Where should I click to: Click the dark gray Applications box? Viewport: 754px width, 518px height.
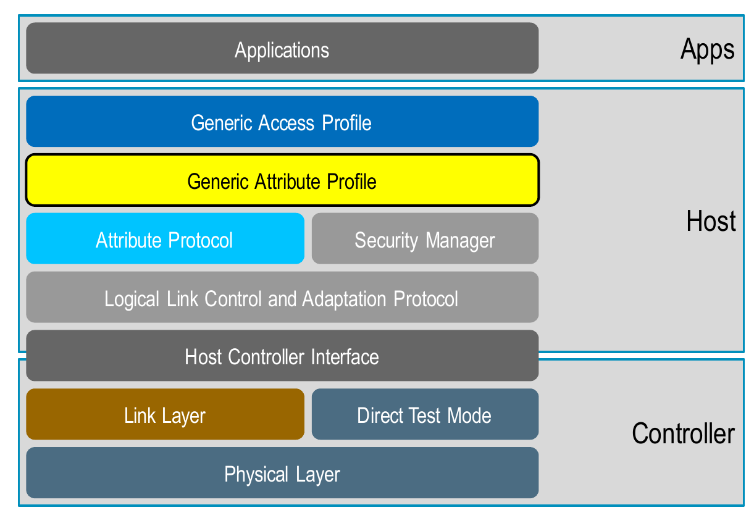[282, 48]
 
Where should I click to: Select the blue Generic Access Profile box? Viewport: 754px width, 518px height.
[282, 121]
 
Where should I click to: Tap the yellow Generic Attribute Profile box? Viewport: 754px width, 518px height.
[282, 180]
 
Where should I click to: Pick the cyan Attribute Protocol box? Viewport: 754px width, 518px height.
[165, 238]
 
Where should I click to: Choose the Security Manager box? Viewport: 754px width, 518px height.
[425, 238]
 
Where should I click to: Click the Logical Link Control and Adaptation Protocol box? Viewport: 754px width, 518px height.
[282, 297]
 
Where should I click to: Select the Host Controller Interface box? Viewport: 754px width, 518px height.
[282, 356]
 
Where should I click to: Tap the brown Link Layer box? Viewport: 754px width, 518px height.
[165, 414]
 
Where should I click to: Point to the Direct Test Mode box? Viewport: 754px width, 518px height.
[425, 414]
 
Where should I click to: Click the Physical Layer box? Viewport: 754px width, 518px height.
[282, 472]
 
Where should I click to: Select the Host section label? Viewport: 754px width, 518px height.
[711, 221]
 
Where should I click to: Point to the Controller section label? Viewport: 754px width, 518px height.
[683, 433]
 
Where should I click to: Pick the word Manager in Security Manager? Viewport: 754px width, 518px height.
[460, 241]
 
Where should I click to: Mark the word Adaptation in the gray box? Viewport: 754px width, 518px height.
[344, 299]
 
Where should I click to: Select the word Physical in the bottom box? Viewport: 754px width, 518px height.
[256, 475]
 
